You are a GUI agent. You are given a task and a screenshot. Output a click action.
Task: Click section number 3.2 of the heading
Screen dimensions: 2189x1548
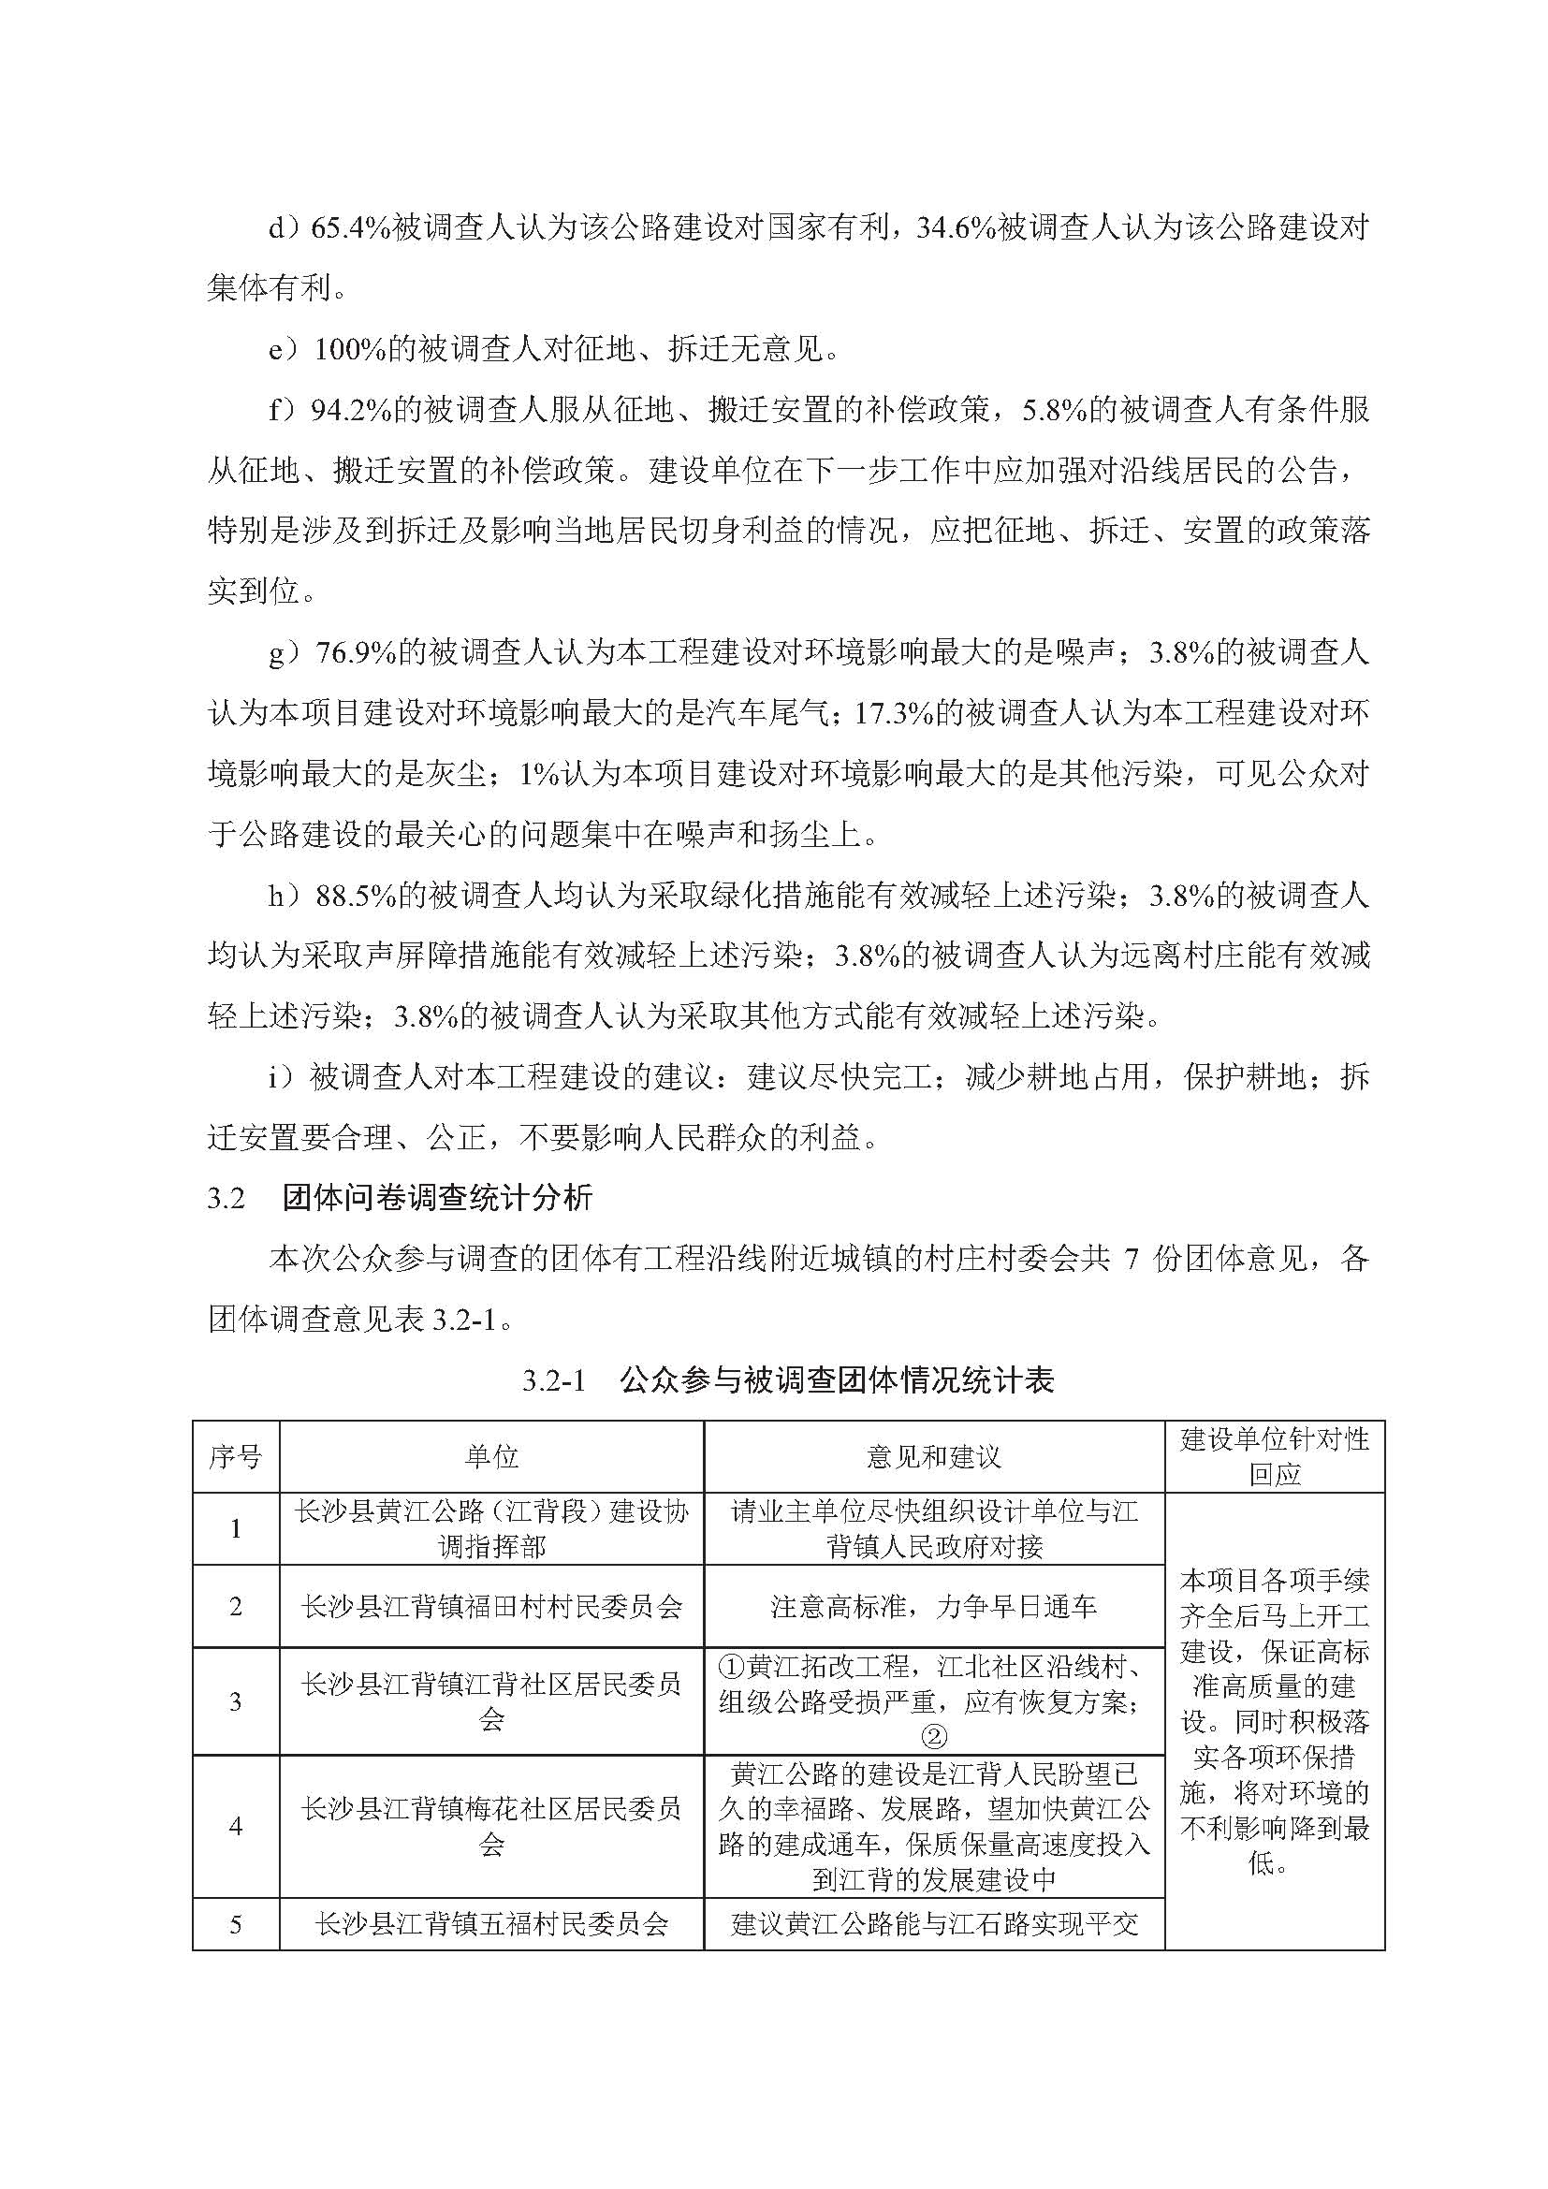click(x=226, y=1199)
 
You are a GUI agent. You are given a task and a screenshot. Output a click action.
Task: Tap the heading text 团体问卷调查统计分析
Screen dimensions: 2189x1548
click(x=437, y=1199)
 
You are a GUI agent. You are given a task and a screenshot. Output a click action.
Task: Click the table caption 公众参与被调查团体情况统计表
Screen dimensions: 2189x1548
click(x=836, y=1380)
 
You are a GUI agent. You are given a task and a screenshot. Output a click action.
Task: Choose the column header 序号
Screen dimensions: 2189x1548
click(x=236, y=1457)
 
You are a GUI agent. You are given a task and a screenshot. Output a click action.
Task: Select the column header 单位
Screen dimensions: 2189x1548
click(x=491, y=1457)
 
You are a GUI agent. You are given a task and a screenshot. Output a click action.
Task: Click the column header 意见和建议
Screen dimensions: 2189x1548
click(x=933, y=1457)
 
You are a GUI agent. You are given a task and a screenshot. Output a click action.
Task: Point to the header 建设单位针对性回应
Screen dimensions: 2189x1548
click(x=1274, y=1457)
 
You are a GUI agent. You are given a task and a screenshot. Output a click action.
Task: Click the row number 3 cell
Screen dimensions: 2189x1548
click(x=236, y=1700)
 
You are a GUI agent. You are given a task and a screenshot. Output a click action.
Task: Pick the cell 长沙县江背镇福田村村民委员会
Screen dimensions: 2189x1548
click(x=491, y=1607)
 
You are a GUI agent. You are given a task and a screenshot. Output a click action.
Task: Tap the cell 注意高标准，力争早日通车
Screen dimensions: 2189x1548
click(x=933, y=1607)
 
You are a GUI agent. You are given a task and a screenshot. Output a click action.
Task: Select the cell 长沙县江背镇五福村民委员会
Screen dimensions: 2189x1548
click(x=491, y=1924)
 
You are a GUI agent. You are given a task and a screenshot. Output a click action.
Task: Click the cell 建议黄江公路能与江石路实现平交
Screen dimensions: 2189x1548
click(x=933, y=1924)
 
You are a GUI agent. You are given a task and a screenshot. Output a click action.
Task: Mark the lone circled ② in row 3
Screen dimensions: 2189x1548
click(x=934, y=1737)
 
